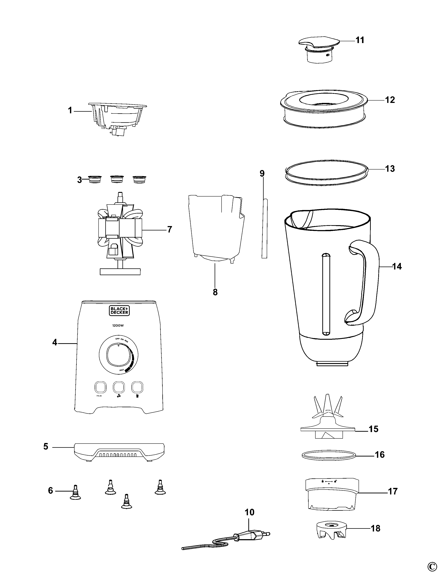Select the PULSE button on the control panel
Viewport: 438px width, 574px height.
click(x=100, y=387)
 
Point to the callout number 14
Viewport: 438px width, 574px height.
click(x=397, y=267)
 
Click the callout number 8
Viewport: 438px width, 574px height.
click(x=215, y=292)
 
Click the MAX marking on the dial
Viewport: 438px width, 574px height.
click(x=122, y=370)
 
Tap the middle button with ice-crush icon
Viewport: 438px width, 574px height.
click(x=118, y=387)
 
